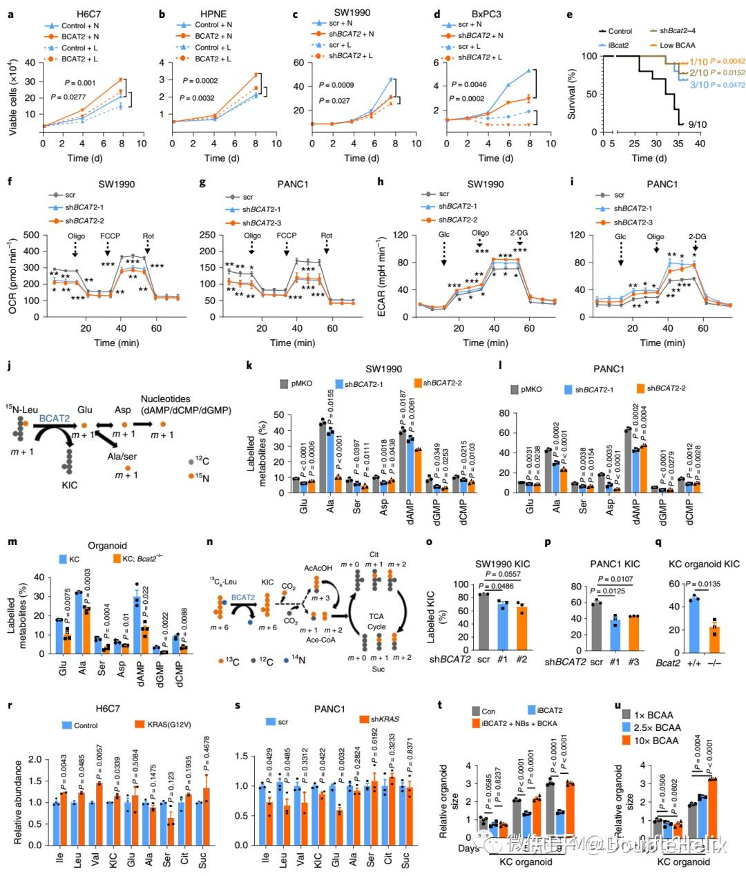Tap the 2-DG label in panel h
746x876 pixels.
pos(519,234)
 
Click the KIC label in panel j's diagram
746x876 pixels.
pos(69,485)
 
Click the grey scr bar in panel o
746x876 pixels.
pos(483,623)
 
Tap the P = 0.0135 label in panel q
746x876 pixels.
pos(700,582)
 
